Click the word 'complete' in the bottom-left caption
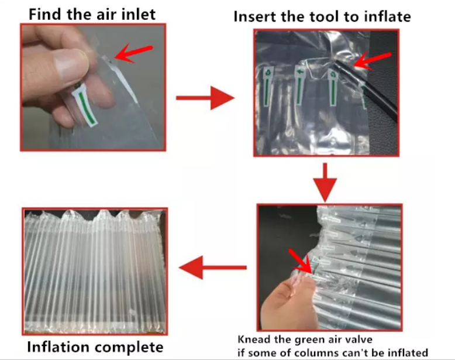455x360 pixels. pos(132,347)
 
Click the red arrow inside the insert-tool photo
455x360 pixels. pos(373,60)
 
